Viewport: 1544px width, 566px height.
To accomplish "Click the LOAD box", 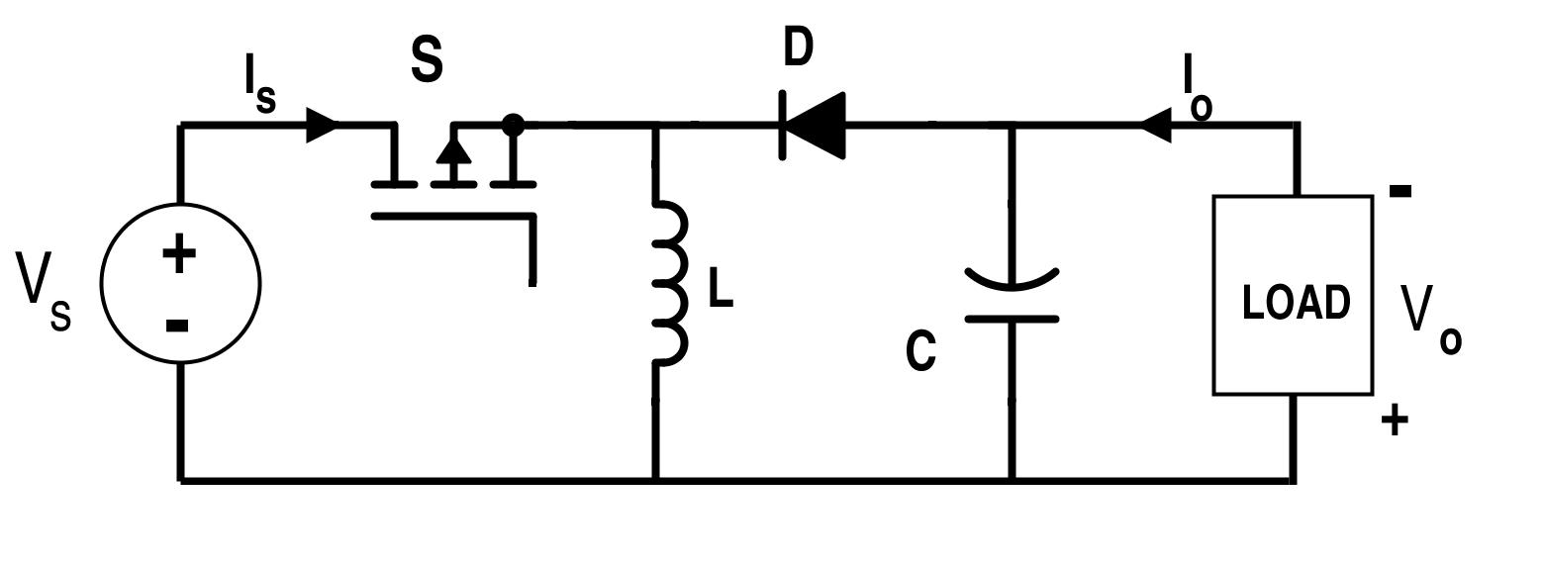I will pos(1293,295).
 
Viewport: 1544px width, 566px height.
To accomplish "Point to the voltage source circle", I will pos(180,284).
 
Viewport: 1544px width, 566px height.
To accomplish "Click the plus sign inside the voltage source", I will pos(179,253).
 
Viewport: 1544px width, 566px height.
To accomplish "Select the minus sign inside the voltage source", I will pos(177,326).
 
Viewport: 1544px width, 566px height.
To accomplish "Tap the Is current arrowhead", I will pos(321,126).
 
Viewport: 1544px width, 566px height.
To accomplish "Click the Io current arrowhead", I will pos(1156,126).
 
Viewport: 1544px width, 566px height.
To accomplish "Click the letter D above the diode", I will pos(799,46).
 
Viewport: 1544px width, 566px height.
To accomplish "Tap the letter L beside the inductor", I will pos(721,288).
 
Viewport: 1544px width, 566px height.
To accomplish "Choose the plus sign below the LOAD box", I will pos(1395,421).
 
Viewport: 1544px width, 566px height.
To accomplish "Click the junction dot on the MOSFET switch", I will pos(513,125).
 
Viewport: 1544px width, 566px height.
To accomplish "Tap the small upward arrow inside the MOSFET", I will pos(453,151).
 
